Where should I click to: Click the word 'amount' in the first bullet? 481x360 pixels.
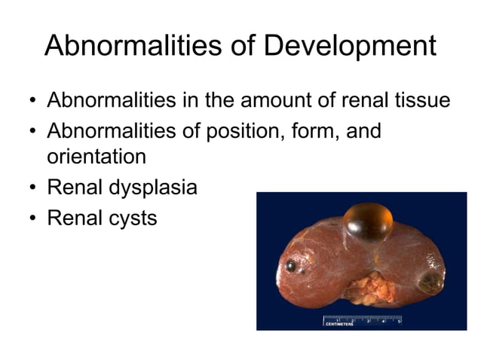coord(272,101)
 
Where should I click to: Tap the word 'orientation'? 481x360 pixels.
coord(96,158)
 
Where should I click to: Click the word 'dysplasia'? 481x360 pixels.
coord(152,188)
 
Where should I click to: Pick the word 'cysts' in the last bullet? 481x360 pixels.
coord(132,218)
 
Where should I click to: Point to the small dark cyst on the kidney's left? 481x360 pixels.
coord(290,265)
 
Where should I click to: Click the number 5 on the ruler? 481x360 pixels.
coord(399,320)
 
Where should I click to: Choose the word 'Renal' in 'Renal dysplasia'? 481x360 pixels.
coord(73,188)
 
